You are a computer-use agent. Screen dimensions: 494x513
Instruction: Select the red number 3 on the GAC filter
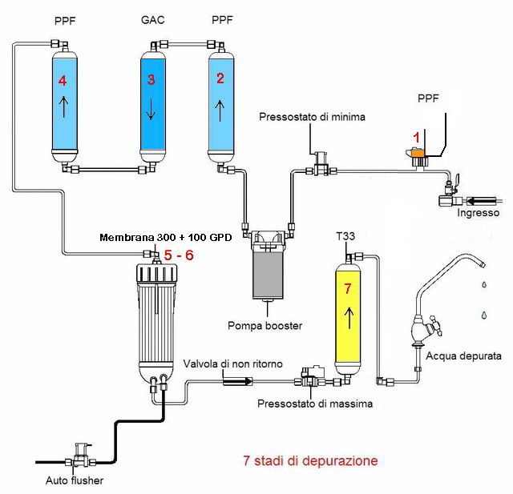coord(150,80)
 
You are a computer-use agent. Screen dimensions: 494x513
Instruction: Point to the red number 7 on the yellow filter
coord(346,288)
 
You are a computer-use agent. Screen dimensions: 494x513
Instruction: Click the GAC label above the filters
coord(151,19)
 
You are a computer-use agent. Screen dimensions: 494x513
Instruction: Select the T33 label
coord(345,238)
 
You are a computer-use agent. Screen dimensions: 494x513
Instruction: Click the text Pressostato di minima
coord(312,117)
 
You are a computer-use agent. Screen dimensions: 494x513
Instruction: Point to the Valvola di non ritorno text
coord(232,364)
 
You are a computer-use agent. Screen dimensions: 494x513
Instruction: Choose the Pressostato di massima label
coord(315,404)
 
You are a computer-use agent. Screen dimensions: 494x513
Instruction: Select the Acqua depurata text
coord(464,355)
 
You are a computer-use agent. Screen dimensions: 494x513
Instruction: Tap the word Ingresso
coord(478,213)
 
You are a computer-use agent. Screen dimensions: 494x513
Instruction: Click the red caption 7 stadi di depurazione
coord(309,461)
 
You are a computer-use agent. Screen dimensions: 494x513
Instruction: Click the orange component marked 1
coord(415,151)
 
